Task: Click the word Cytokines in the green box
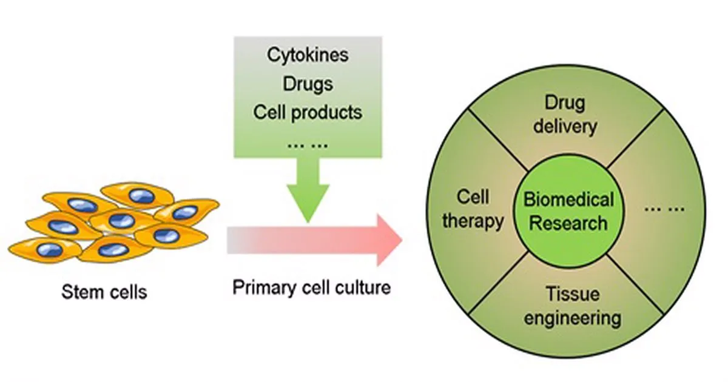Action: pos(308,55)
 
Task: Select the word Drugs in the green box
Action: pos(308,83)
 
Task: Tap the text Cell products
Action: pos(308,112)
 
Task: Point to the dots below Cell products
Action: pos(308,144)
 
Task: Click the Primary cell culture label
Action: pos(311,287)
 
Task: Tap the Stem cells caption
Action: pos(104,292)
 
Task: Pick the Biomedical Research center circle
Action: pos(568,211)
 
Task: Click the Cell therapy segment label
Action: pos(473,209)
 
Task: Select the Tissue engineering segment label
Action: pos(572,306)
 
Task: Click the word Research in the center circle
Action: pos(568,223)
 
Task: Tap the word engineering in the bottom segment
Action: pos(572,318)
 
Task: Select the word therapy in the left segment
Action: pos(473,221)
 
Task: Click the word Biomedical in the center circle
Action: pos(568,199)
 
